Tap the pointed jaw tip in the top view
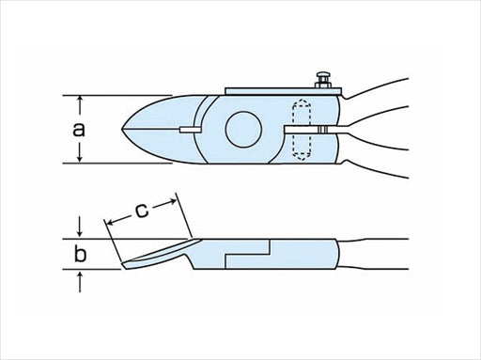pyautogui.click(x=124, y=129)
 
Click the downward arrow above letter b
pyautogui.click(x=81, y=229)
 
